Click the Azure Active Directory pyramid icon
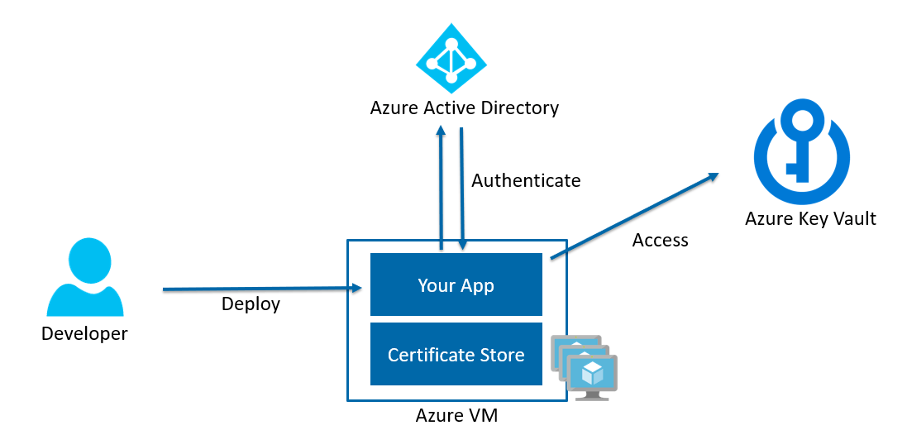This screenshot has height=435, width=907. pyautogui.click(x=451, y=60)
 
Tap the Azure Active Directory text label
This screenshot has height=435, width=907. pyautogui.click(x=464, y=108)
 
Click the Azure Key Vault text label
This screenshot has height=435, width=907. pyautogui.click(x=809, y=218)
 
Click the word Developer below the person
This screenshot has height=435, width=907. pyautogui.click(x=84, y=334)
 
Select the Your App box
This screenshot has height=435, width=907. pyautogui.click(x=456, y=285)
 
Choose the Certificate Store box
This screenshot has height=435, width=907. pyautogui.click(x=456, y=355)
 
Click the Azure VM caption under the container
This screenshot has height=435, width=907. pyautogui.click(x=456, y=415)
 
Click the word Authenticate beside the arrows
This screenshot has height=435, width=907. pyautogui.click(x=526, y=180)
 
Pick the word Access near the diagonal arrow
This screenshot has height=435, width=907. pyautogui.click(x=660, y=241)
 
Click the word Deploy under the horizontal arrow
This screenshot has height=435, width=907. pyautogui.click(x=251, y=304)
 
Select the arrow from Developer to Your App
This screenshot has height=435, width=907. pyautogui.click(x=262, y=289)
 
